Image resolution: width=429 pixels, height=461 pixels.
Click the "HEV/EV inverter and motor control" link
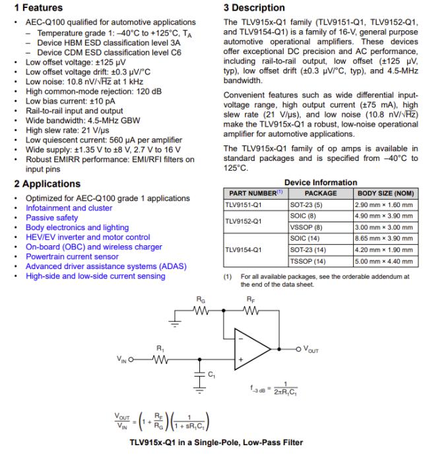pos(88,237)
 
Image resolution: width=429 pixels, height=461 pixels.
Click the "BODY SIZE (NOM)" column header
pos(386,194)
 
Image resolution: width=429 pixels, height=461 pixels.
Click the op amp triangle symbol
pos(254,348)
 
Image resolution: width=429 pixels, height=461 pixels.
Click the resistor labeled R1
pos(160,359)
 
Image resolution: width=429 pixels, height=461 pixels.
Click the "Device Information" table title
pos(320,183)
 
